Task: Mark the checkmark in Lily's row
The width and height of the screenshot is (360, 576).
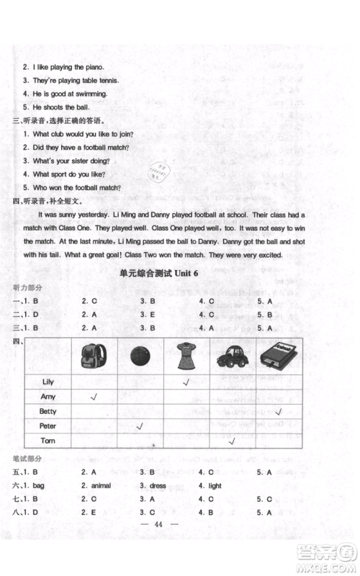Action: click(x=186, y=382)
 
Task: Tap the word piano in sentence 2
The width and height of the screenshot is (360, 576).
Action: click(x=98, y=66)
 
